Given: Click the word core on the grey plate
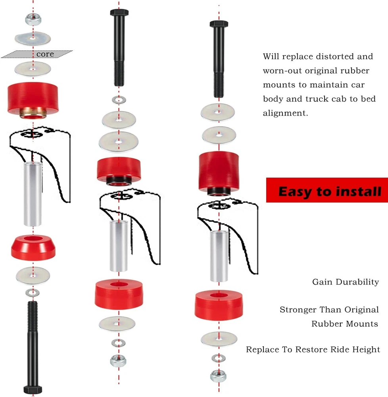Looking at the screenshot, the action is [45, 54].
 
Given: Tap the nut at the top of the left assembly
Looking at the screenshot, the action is [33, 19].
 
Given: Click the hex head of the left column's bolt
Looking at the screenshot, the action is [33, 389].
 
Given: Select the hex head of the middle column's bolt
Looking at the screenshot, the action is [119, 12].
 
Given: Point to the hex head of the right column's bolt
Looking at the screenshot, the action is [219, 24].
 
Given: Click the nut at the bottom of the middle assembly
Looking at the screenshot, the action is [118, 360].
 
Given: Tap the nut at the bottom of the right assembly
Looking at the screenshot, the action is [218, 376].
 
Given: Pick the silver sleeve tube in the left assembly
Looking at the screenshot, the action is [33, 194].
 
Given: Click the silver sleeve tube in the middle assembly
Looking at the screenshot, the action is [119, 246].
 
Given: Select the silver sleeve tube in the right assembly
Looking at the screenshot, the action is [219, 256].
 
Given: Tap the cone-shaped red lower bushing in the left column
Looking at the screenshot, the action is [33, 247].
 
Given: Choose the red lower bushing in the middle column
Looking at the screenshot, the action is [119, 294].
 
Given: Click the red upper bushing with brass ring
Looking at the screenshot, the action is [33, 100].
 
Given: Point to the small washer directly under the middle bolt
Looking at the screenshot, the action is [119, 100].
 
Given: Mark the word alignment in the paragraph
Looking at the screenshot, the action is [285, 113].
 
